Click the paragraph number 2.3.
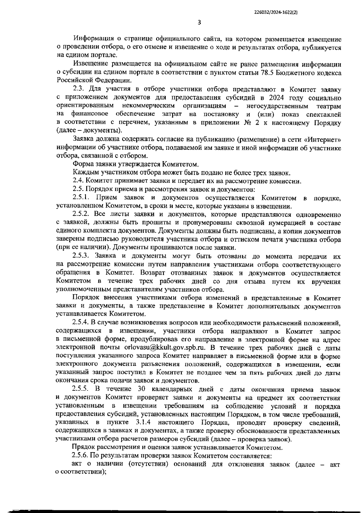click(80, 90)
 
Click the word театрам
click(329, 106)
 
